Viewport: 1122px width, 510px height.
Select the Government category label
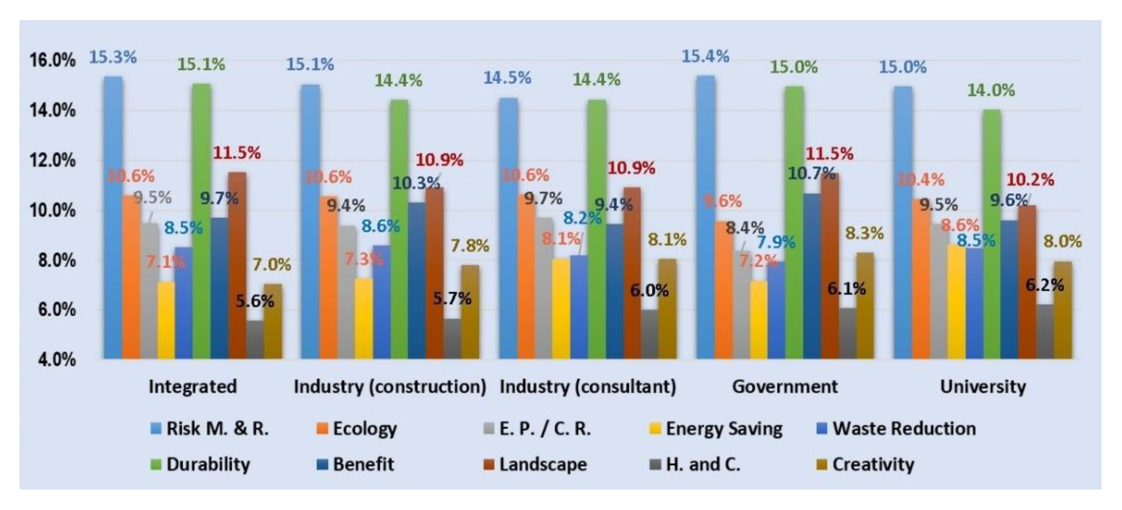784,387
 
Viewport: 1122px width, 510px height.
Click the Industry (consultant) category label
587,387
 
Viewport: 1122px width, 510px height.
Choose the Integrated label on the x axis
192,387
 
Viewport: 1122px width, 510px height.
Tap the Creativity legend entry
873,465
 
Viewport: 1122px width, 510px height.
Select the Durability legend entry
208,465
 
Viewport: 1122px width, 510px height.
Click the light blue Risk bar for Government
705,218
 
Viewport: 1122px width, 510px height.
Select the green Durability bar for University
991,235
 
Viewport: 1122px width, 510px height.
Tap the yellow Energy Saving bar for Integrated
166,320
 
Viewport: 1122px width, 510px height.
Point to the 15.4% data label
705,56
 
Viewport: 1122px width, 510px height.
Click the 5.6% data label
255,301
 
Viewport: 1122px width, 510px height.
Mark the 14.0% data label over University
991,90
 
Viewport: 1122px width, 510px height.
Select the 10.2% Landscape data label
1030,180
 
